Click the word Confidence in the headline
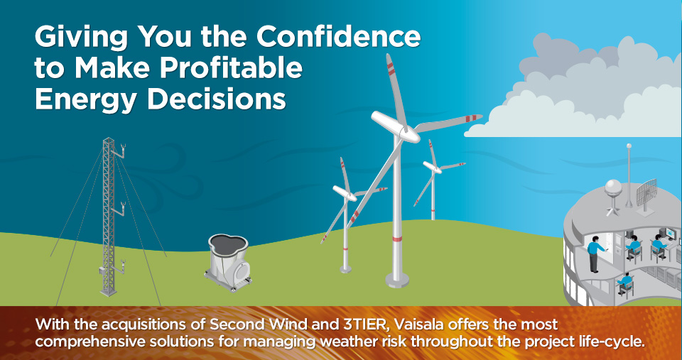pyautogui.click(x=338, y=36)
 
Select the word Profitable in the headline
pyautogui.click(x=225, y=68)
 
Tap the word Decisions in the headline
pyautogui.click(x=217, y=99)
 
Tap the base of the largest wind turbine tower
pyautogui.click(x=396, y=280)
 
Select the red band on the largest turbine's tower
pyautogui.click(x=396, y=239)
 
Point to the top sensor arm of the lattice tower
pyautogui.click(x=119, y=152)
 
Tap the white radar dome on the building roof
pyautogui.click(x=613, y=188)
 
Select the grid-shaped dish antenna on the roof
pyautogui.click(x=646, y=193)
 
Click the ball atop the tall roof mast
pyautogui.click(x=629, y=146)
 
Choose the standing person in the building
pyautogui.click(x=594, y=254)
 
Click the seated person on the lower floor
pyautogui.click(x=624, y=283)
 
